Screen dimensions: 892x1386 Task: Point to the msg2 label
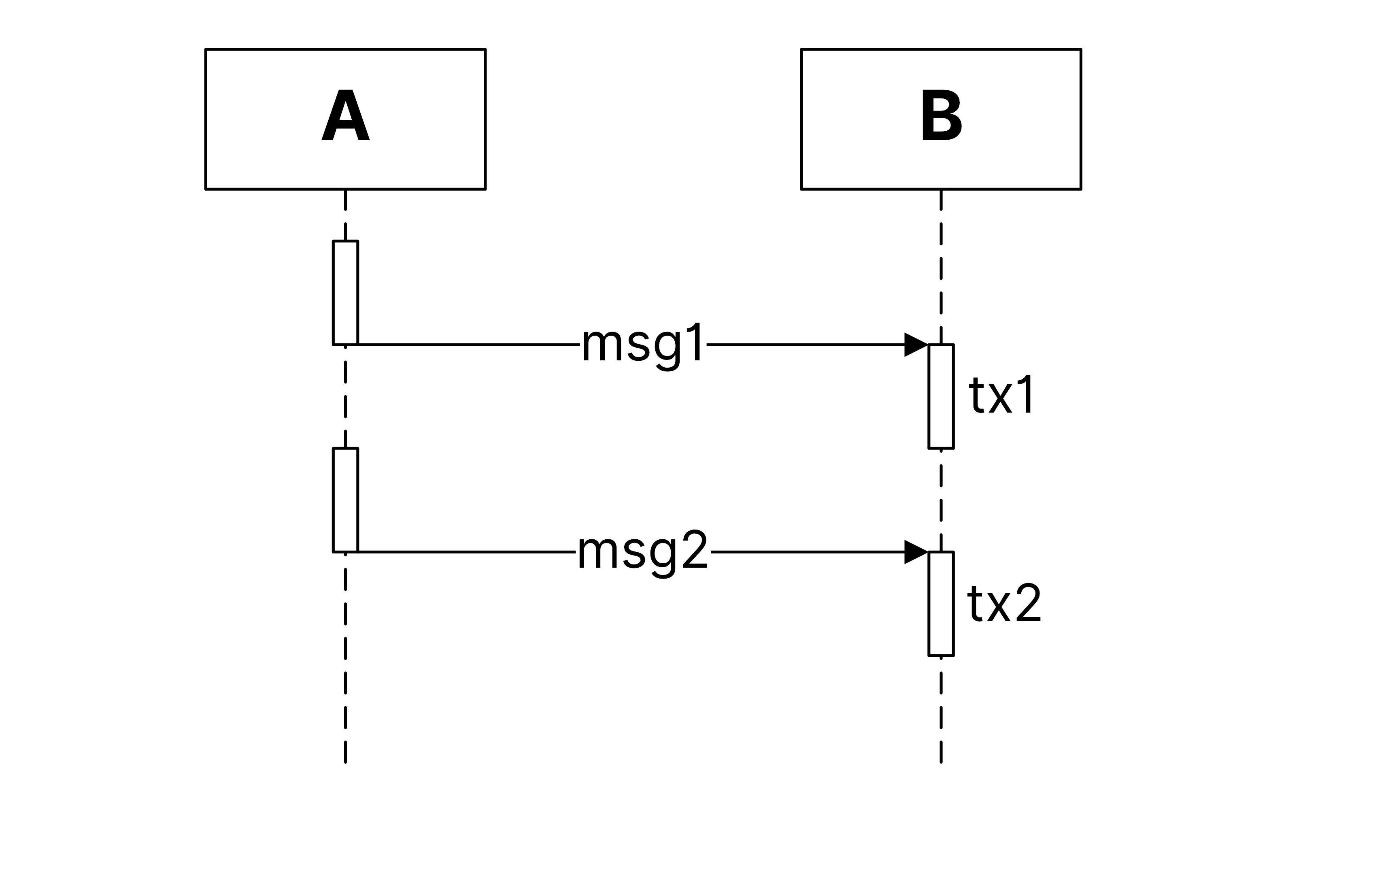click(643, 551)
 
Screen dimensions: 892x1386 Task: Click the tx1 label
click(1001, 395)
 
